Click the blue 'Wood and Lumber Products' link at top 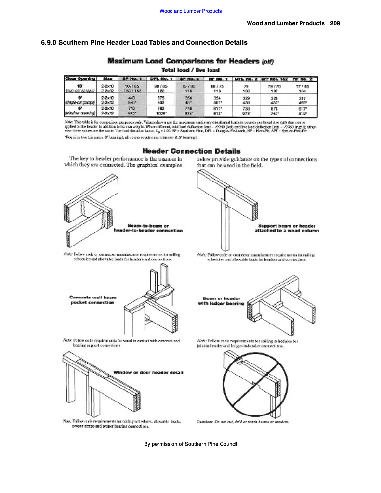pos(190,11)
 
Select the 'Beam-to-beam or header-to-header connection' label pos(148,228)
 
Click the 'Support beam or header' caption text pos(287,225)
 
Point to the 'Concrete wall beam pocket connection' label pos(92,299)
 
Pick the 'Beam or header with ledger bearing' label pos(221,300)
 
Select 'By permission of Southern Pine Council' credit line pos(191,444)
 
